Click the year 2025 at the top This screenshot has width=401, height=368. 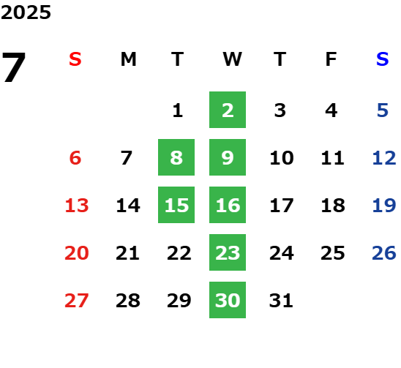pyautogui.click(x=26, y=12)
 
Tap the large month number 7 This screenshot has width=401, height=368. pyautogui.click(x=14, y=67)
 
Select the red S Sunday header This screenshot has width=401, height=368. pyautogui.click(x=75, y=59)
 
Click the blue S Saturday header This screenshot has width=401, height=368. pyautogui.click(x=383, y=59)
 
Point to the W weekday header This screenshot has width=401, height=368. pyautogui.click(x=232, y=59)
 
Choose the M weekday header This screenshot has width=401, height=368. pyautogui.click(x=128, y=59)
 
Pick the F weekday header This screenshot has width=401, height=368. pyautogui.click(x=331, y=59)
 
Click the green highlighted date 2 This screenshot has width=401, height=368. pyautogui.click(x=228, y=110)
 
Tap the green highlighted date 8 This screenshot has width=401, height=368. pyautogui.click(x=176, y=157)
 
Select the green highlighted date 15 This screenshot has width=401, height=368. pyautogui.click(x=176, y=205)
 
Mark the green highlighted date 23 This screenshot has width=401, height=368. pyautogui.click(x=228, y=252)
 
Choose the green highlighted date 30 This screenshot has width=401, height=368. pyautogui.click(x=228, y=300)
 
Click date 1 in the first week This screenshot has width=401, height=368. pyautogui.click(x=178, y=110)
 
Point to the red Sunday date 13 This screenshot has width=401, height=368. pyautogui.click(x=77, y=206)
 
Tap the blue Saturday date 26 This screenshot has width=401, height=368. pyautogui.click(x=384, y=253)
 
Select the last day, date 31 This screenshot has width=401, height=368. pyautogui.click(x=281, y=301)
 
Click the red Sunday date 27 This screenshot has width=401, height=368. pyautogui.click(x=77, y=301)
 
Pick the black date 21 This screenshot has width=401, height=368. pyautogui.click(x=127, y=253)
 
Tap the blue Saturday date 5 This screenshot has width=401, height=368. pyautogui.click(x=383, y=110)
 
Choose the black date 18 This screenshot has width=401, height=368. pyautogui.click(x=333, y=206)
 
